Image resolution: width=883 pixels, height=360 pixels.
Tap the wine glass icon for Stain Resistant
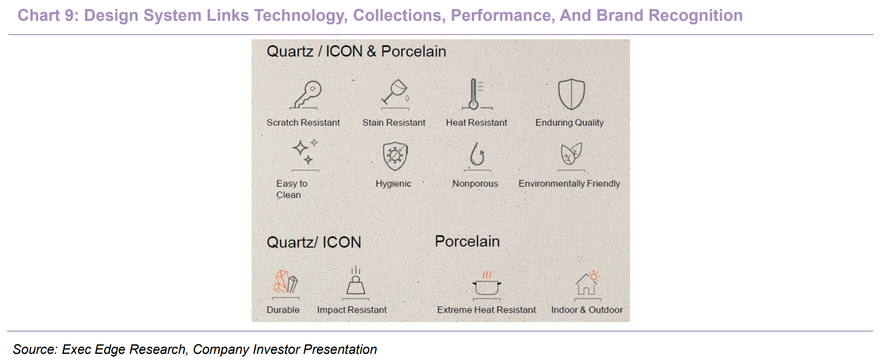(395, 94)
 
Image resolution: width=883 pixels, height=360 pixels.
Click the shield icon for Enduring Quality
(571, 94)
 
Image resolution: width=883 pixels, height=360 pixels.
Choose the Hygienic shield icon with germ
(395, 156)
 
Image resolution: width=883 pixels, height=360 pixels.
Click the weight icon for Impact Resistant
(355, 282)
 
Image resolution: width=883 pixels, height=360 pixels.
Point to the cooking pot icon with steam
(487, 285)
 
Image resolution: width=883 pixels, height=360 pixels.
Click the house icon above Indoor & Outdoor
(587, 284)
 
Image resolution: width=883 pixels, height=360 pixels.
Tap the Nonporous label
(475, 184)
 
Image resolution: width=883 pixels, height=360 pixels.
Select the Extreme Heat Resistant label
(487, 310)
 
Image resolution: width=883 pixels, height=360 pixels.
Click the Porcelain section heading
(467, 241)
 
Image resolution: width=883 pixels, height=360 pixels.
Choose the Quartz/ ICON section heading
(314, 243)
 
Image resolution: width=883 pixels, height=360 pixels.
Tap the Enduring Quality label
(569, 123)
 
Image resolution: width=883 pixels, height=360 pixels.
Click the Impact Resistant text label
(352, 310)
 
